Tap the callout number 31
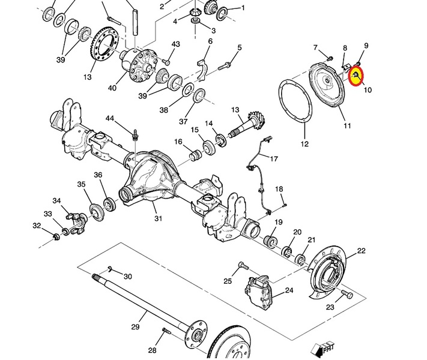(x=158, y=218)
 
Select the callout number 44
(x=110, y=118)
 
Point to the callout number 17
(x=274, y=158)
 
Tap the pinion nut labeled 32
(x=56, y=237)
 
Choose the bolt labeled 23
(x=347, y=294)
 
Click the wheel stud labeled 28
(x=166, y=331)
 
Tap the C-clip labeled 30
(x=110, y=269)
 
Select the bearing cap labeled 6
(x=202, y=70)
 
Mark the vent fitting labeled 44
(x=135, y=135)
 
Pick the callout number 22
(x=361, y=251)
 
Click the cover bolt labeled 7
(x=330, y=58)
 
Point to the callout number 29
(x=135, y=326)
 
